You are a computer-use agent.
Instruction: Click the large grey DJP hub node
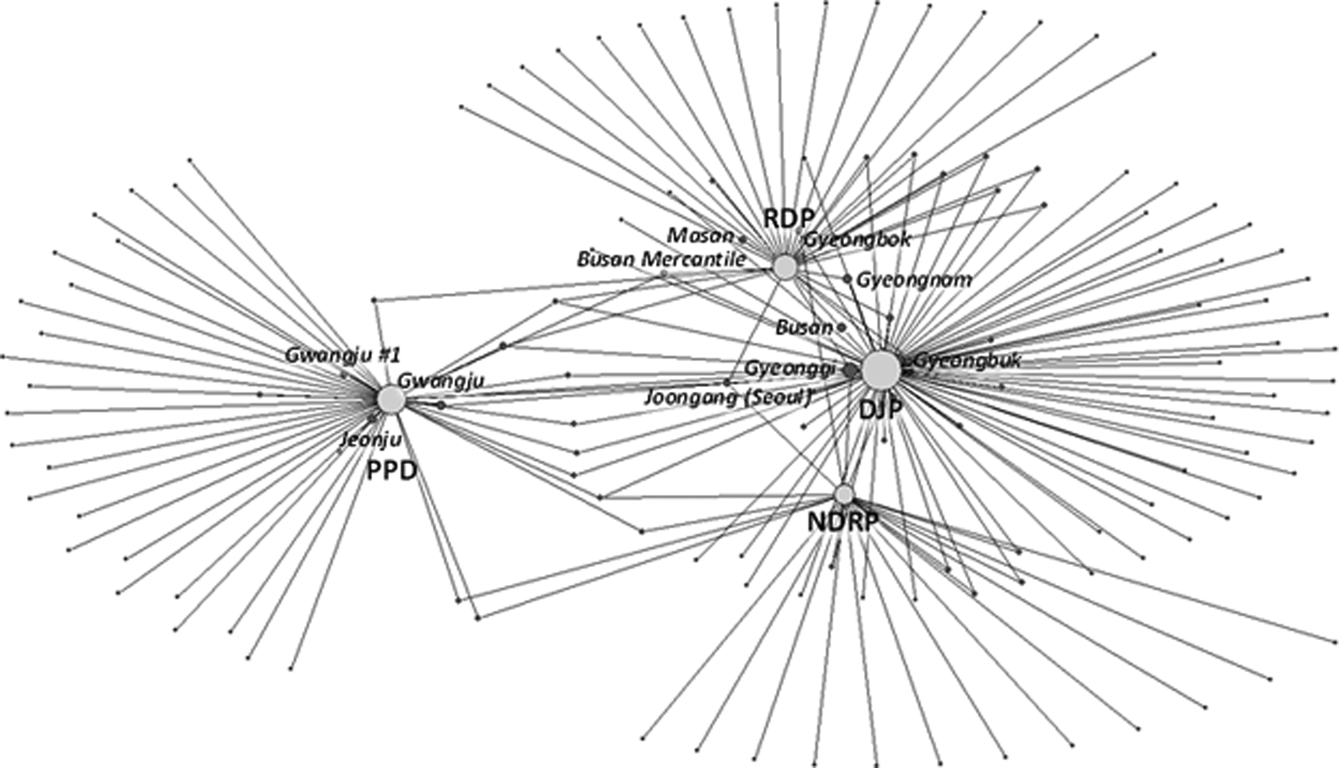(x=881, y=369)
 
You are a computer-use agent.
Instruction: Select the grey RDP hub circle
(x=786, y=266)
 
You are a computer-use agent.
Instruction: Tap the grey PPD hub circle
(x=391, y=399)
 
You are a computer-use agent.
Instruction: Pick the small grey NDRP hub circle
(x=844, y=494)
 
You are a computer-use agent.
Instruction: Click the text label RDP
(x=789, y=219)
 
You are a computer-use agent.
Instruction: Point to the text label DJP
(x=881, y=410)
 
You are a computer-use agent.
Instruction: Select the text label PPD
(x=391, y=471)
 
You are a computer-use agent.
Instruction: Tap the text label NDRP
(x=843, y=523)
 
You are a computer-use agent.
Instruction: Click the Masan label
(x=700, y=236)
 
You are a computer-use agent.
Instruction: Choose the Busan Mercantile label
(x=661, y=259)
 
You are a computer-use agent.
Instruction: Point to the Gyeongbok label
(x=857, y=240)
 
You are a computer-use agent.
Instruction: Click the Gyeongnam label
(x=914, y=279)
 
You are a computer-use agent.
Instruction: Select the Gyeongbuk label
(x=967, y=360)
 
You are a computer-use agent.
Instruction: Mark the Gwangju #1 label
(x=342, y=355)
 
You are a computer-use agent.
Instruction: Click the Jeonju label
(x=371, y=439)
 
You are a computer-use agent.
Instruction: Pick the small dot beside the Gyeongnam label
(x=847, y=279)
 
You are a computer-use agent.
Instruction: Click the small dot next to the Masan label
(x=742, y=239)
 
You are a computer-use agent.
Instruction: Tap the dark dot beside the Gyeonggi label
(x=850, y=369)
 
